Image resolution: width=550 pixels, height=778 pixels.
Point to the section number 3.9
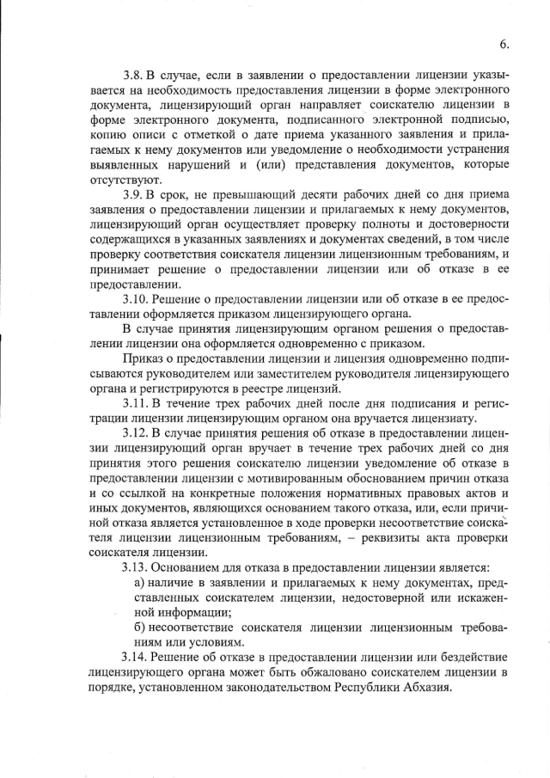click(x=135, y=195)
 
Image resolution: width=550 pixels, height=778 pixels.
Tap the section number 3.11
click(x=137, y=402)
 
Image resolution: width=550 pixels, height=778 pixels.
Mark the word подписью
click(x=482, y=119)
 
